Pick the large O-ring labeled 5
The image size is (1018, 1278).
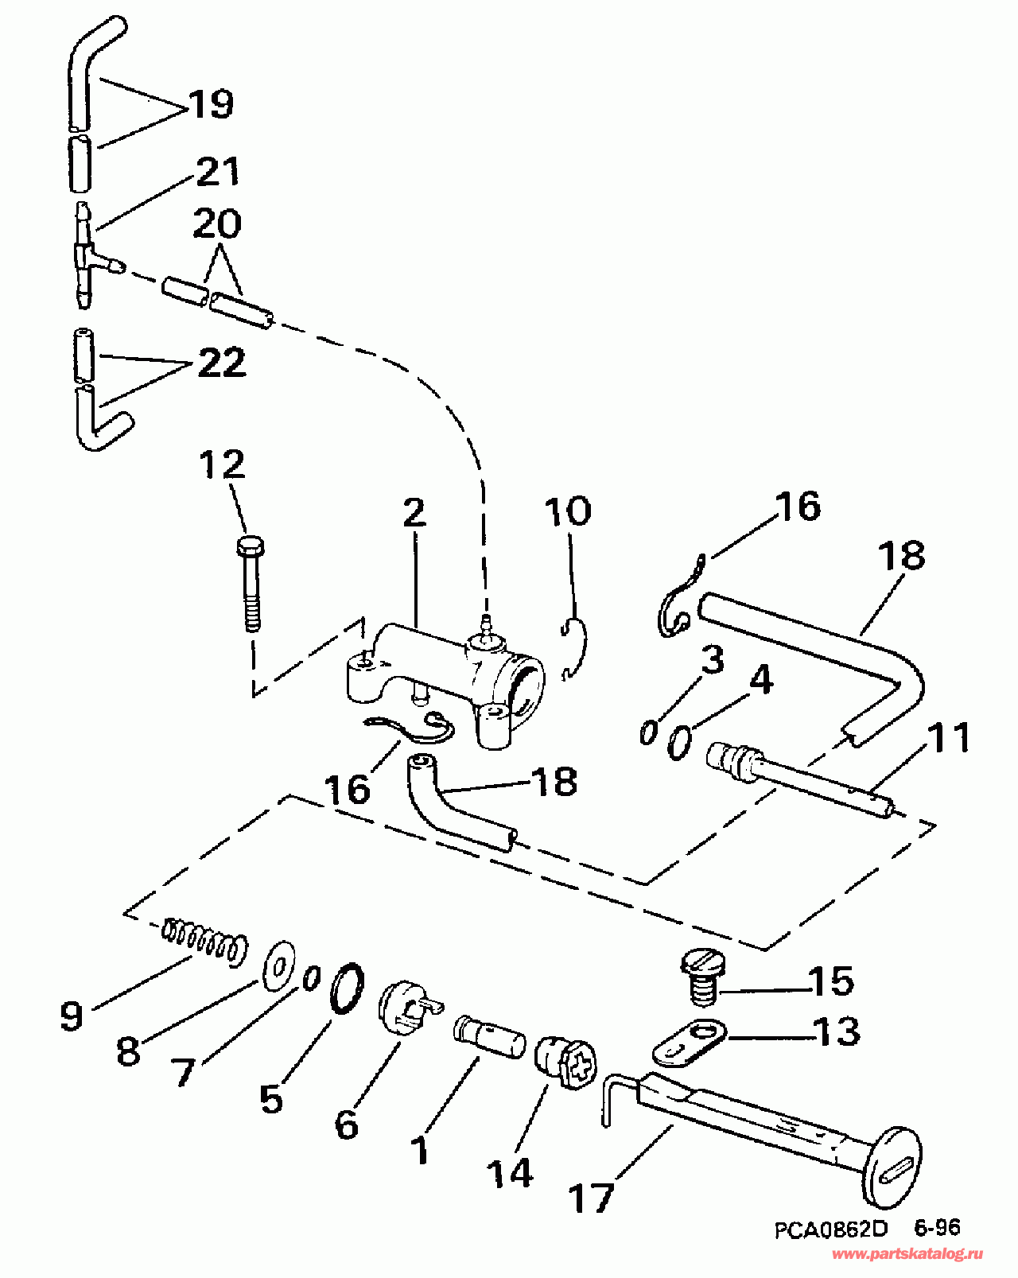coord(347,988)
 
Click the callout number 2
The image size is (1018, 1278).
coord(414,514)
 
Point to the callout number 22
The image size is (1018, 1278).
coord(220,363)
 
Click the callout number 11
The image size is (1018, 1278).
coord(950,737)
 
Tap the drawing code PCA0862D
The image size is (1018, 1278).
coord(831,1229)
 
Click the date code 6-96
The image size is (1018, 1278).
coord(936,1228)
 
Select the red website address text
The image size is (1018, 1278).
coord(907,1255)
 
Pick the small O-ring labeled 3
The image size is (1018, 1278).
coord(648,732)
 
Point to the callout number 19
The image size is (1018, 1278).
coord(211,104)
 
